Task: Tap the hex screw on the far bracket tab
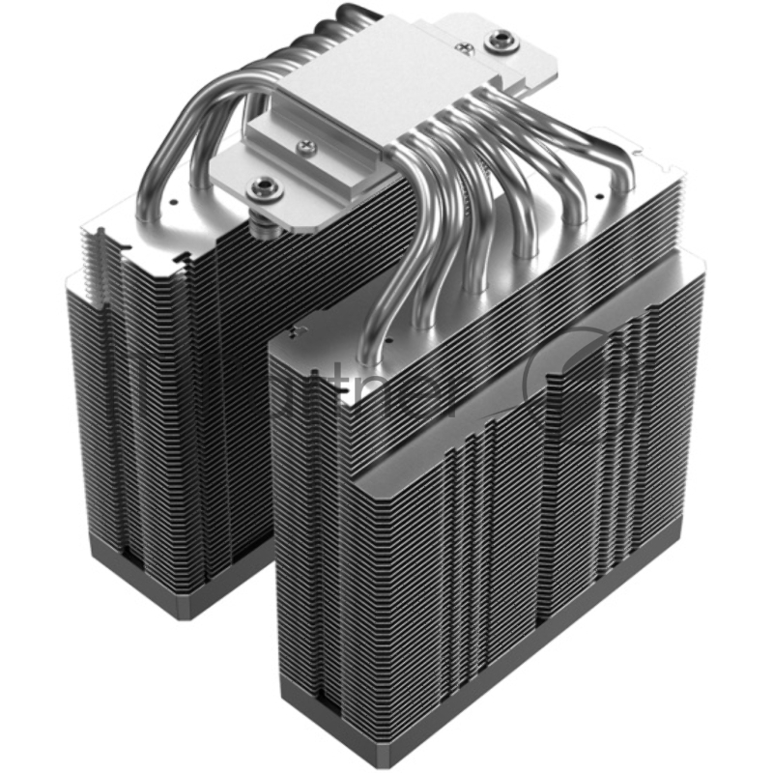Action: (501, 40)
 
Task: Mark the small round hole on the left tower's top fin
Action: (170, 205)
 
